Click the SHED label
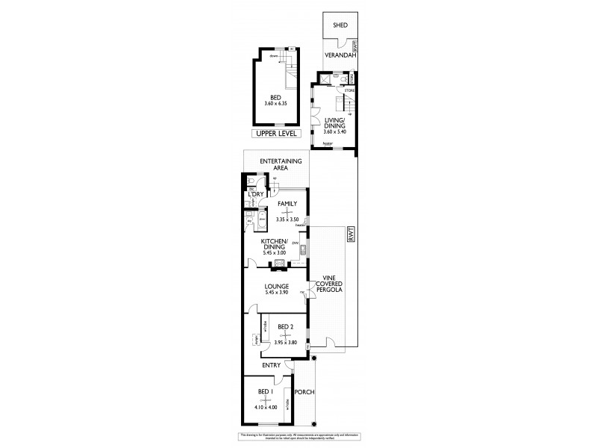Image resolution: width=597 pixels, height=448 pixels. [x=331, y=25]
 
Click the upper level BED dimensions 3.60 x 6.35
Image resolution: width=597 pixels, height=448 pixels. [x=276, y=102]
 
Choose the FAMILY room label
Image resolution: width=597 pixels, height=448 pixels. [x=287, y=203]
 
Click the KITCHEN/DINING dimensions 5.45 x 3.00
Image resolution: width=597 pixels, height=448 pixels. [x=274, y=252]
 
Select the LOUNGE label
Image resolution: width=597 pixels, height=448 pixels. [x=276, y=285]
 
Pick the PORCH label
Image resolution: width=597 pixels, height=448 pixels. [x=303, y=392]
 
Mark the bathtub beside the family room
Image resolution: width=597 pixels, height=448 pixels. [x=263, y=222]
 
